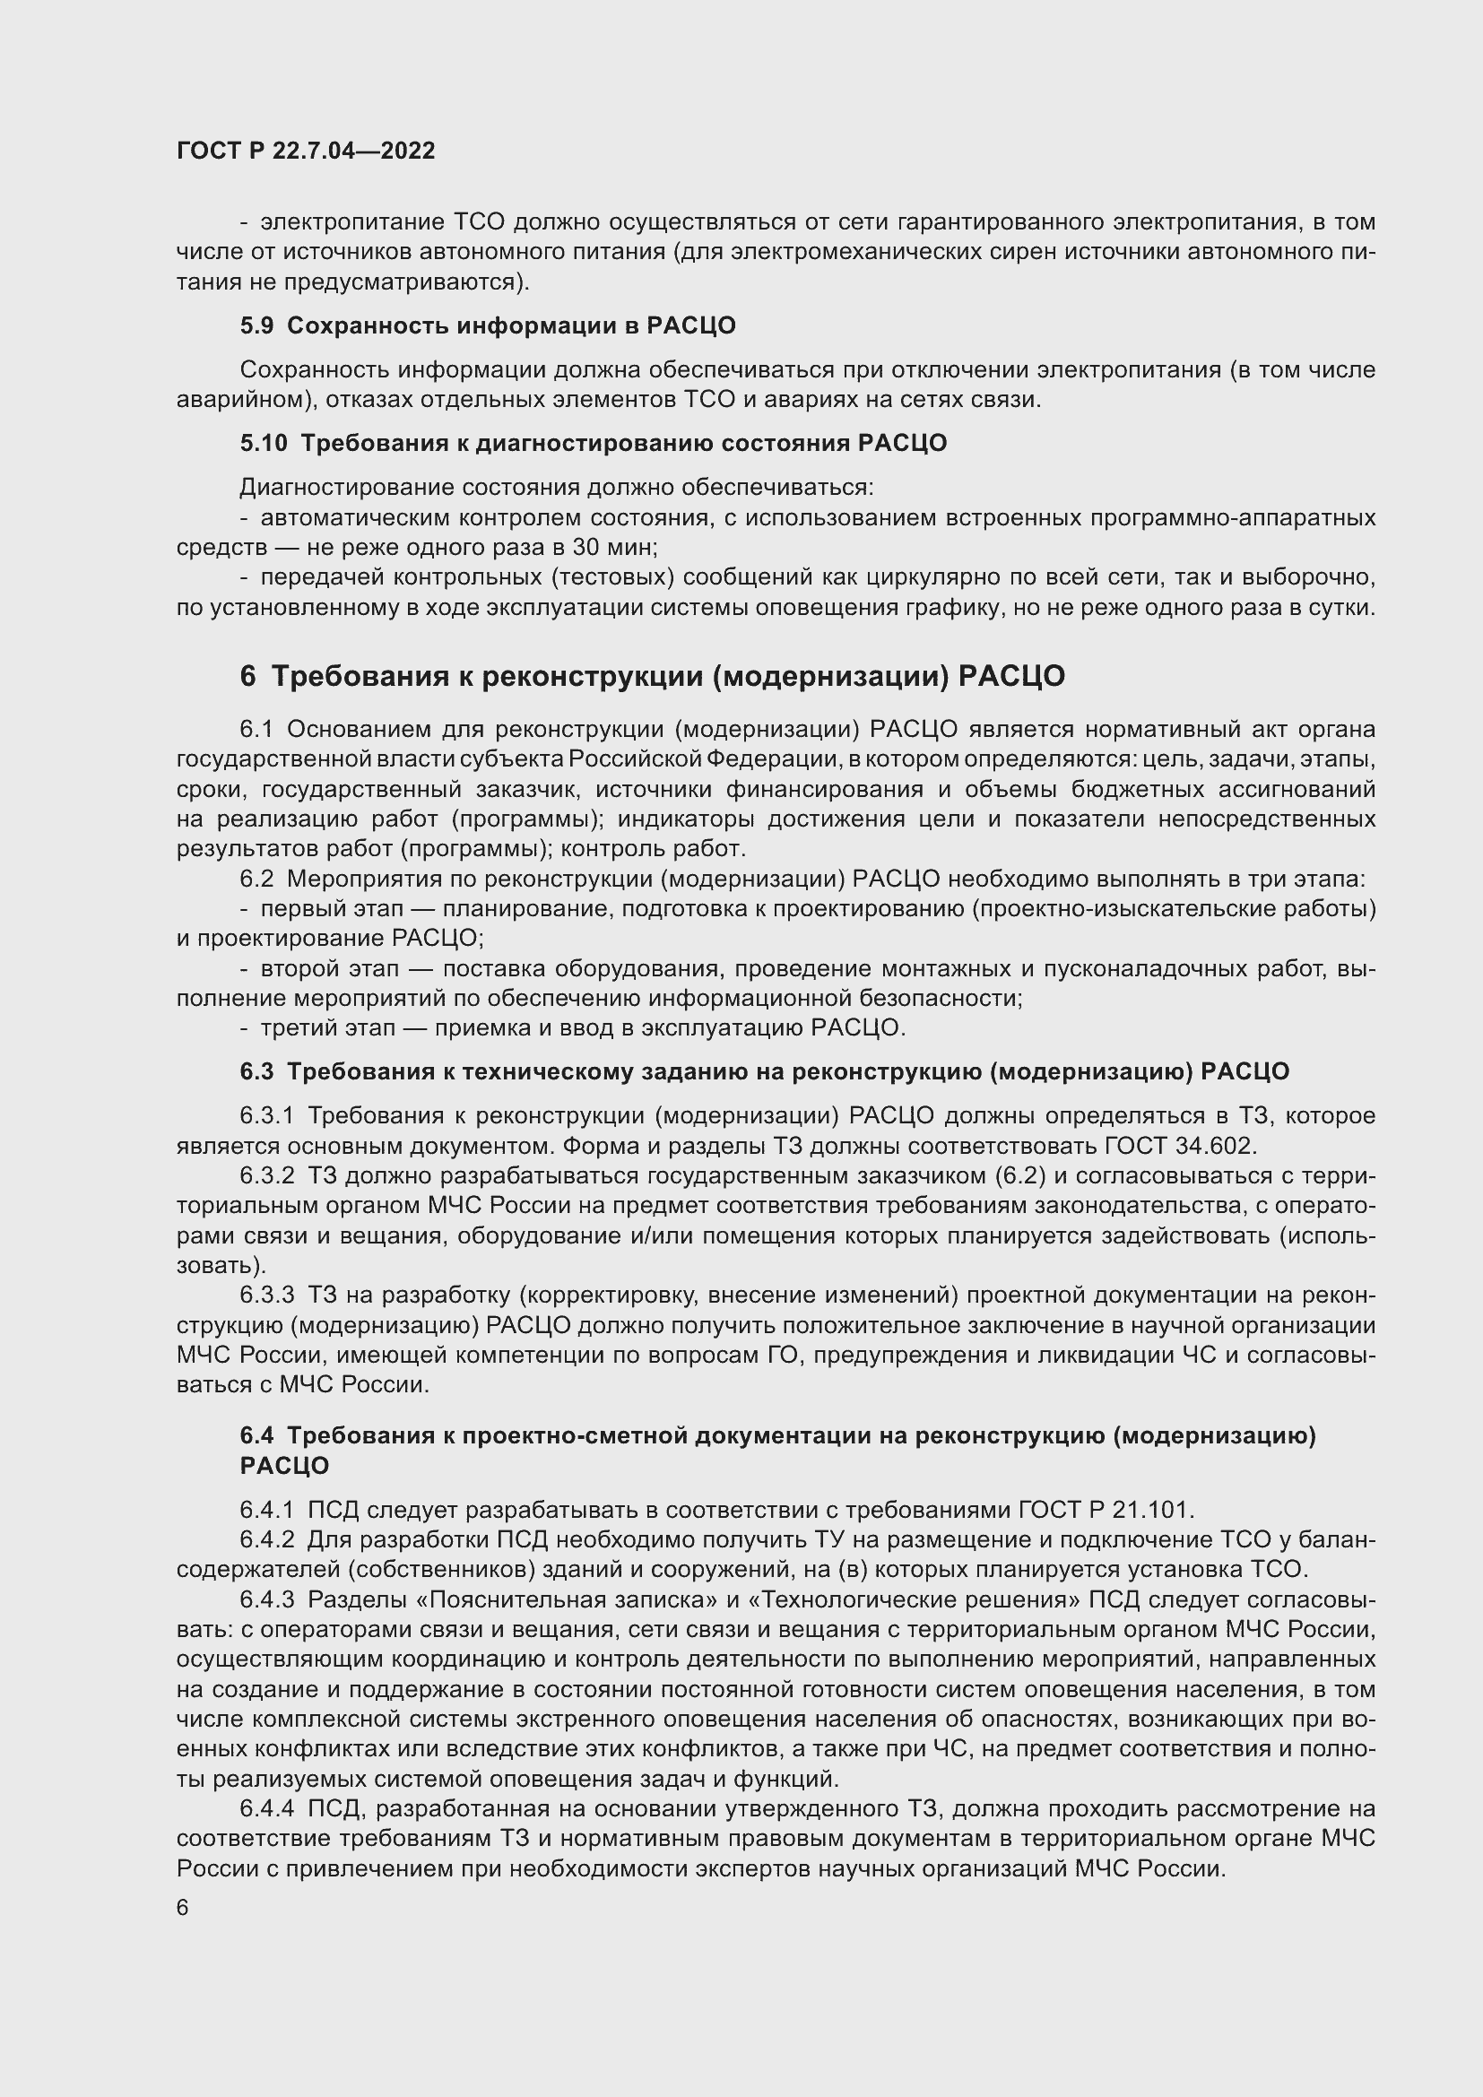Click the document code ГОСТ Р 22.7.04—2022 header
[306, 152]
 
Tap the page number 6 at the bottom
[183, 1908]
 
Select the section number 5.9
[256, 326]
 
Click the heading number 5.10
[263, 444]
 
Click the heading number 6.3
[256, 1072]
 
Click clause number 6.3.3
[266, 1295]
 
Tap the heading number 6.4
[256, 1435]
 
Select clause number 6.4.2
[266, 1540]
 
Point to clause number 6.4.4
[266, 1808]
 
